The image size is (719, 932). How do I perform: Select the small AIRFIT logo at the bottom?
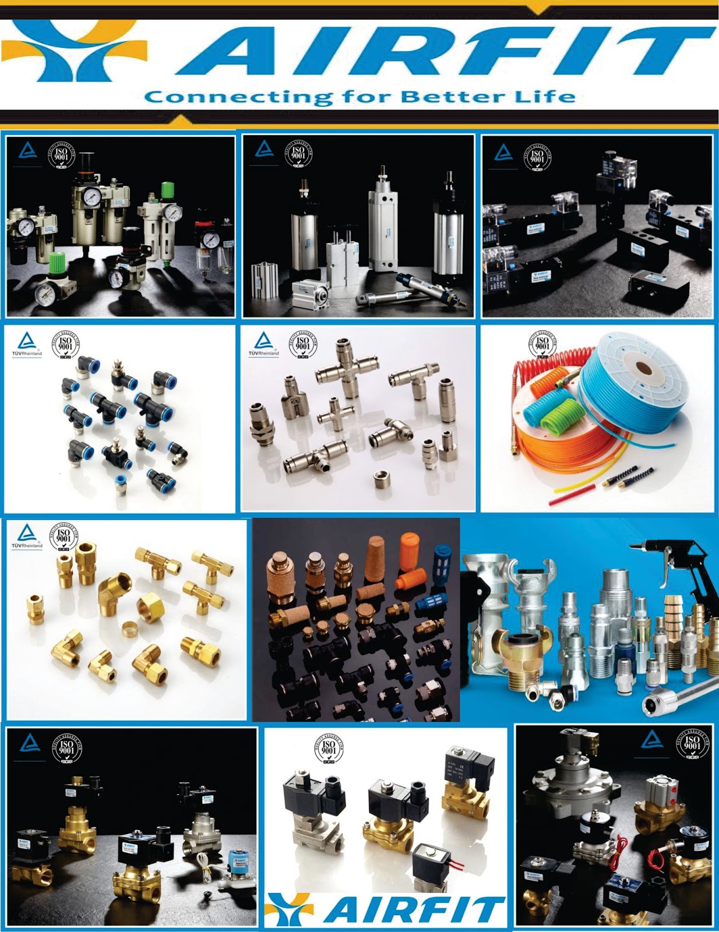coord(385,910)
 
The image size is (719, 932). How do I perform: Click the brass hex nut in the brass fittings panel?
coord(151,609)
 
